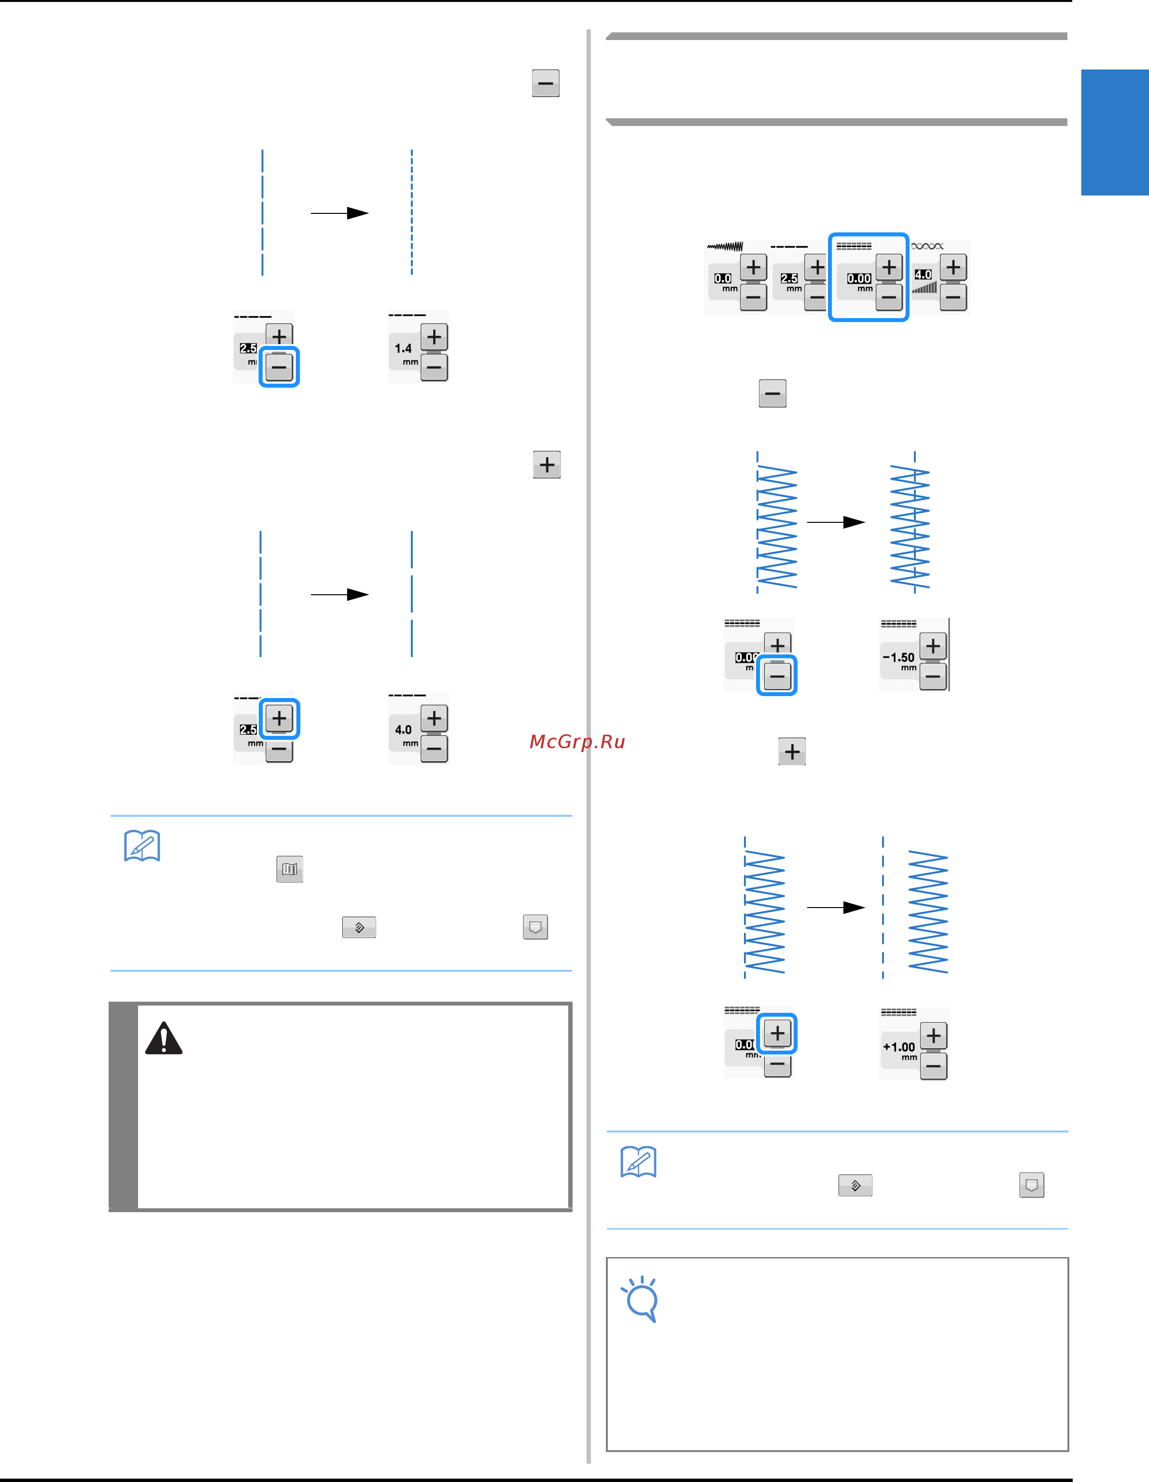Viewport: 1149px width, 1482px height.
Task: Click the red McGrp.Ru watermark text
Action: pyautogui.click(x=577, y=741)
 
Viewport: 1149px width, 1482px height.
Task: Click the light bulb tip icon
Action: pyautogui.click(x=640, y=1299)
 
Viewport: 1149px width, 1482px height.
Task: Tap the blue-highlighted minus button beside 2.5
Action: pyautogui.click(x=279, y=367)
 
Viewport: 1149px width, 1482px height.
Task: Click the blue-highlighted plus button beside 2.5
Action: pyautogui.click(x=279, y=718)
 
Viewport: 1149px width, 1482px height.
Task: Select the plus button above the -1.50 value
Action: pyautogui.click(x=933, y=645)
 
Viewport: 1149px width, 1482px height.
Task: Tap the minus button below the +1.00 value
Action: pyautogui.click(x=934, y=1066)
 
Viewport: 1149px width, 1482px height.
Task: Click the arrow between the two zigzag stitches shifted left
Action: pyautogui.click(x=836, y=522)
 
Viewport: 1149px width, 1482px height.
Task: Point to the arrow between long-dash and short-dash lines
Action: pyautogui.click(x=339, y=213)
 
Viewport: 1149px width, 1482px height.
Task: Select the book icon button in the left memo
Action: pyautogui.click(x=290, y=868)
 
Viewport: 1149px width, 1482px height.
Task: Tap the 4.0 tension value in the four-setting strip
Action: pyautogui.click(x=923, y=275)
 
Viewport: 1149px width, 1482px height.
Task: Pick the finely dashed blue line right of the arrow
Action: pyautogui.click(x=412, y=212)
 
